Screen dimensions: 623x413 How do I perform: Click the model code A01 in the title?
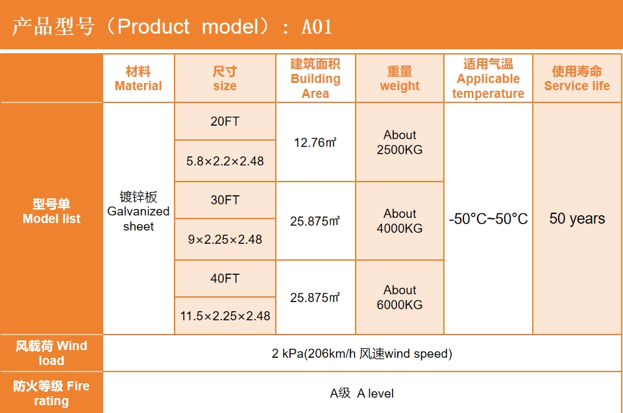(x=317, y=27)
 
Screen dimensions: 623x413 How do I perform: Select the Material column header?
(x=138, y=78)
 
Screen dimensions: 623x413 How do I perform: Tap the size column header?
(x=225, y=78)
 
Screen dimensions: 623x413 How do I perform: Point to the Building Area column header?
(x=315, y=78)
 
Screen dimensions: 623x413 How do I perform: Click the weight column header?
(x=400, y=78)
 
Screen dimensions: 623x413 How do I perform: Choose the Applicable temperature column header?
(x=488, y=78)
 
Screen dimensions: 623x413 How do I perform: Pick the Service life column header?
(x=577, y=78)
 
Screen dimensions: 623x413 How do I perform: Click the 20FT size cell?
(x=225, y=121)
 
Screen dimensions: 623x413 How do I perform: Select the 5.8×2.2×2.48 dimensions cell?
(x=225, y=161)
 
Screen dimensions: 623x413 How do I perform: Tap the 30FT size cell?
(x=225, y=200)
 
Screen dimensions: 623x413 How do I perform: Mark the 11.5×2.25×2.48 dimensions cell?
(x=225, y=316)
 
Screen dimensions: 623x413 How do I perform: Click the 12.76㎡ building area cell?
(x=315, y=142)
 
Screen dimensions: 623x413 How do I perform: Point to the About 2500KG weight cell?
(x=400, y=142)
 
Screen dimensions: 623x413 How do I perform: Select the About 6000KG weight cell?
(x=400, y=297)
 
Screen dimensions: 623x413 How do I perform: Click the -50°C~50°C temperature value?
(x=488, y=218)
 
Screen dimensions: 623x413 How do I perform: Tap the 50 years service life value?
(x=577, y=218)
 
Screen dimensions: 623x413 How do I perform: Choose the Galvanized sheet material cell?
(x=138, y=211)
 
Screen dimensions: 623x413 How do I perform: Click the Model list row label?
(x=52, y=211)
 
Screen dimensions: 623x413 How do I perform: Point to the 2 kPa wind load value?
(x=362, y=353)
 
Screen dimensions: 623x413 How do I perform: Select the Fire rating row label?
(x=52, y=393)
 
